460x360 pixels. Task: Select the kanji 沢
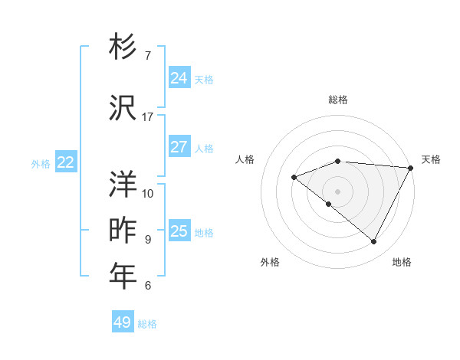pos(123,108)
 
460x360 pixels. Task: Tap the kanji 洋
pos(123,185)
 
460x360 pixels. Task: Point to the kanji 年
pos(123,277)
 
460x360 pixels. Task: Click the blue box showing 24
pos(179,78)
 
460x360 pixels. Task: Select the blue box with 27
pos(179,147)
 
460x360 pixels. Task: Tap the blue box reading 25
pos(179,231)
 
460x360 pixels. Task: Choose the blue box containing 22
pos(65,162)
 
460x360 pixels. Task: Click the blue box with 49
pos(122,322)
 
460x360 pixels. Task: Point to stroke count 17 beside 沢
pos(148,117)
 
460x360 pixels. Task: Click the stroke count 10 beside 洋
pos(148,194)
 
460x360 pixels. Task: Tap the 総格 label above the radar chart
pos(338,100)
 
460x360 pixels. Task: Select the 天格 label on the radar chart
pos(431,159)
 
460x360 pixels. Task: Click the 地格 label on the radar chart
pos(402,262)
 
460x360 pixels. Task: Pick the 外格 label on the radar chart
pos(270,262)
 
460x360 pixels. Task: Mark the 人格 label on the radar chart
pos(245,159)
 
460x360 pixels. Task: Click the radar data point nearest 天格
pos(411,168)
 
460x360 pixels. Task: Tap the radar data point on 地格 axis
pos(374,242)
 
